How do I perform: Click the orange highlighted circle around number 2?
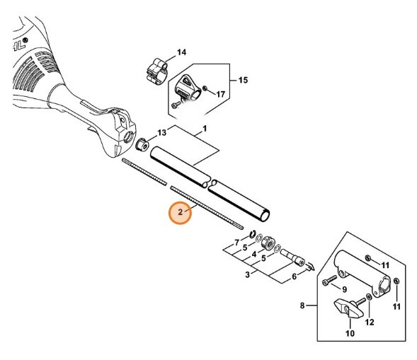coord(180,213)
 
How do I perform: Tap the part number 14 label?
coord(181,52)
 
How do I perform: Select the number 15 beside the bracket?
coord(242,81)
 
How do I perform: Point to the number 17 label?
coord(220,93)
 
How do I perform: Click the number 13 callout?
coord(161,132)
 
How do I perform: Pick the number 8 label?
coord(302,306)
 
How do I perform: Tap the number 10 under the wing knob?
coord(348,333)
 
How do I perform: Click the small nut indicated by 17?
coord(204,88)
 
